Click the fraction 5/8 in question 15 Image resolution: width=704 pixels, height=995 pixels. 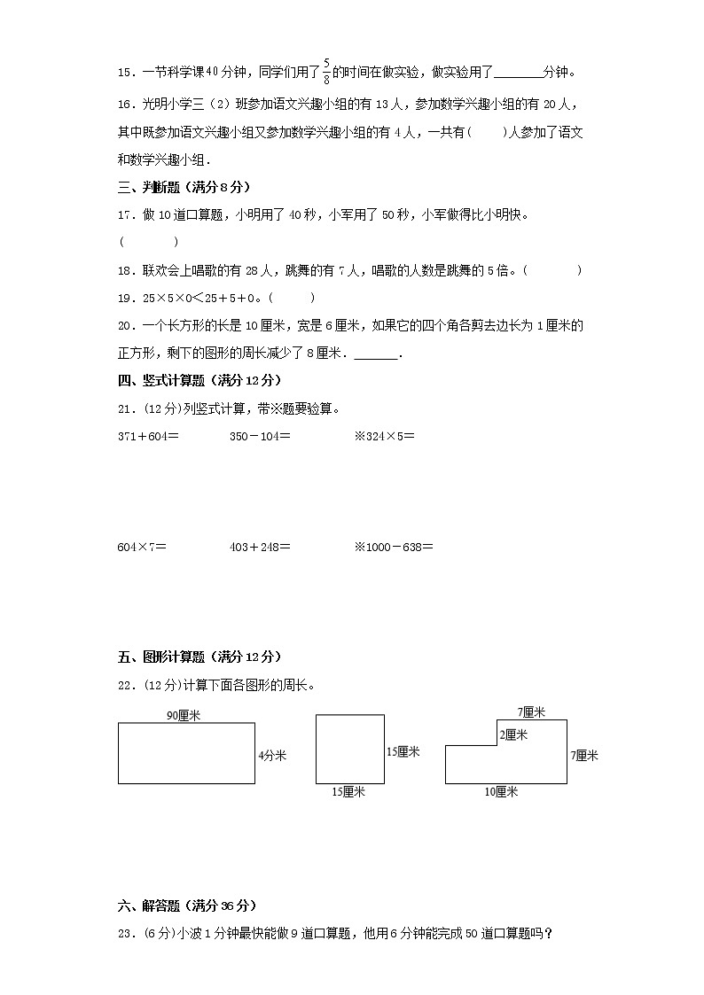click(x=327, y=70)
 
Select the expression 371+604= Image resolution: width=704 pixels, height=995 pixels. click(x=148, y=436)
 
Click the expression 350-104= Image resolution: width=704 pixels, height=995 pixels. click(x=260, y=436)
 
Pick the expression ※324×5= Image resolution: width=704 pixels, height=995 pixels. click(x=384, y=436)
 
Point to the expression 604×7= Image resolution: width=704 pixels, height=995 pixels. click(x=142, y=547)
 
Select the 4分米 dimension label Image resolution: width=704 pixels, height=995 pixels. click(x=272, y=756)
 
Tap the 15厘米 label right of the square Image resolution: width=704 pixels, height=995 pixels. click(x=403, y=751)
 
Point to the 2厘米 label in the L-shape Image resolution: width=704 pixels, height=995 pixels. click(x=513, y=735)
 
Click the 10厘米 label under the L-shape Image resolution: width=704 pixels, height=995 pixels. click(x=501, y=792)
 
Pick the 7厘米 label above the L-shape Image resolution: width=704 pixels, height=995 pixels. click(x=531, y=711)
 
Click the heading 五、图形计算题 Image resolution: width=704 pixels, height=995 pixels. click(x=199, y=657)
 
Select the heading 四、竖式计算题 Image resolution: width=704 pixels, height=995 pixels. click(x=199, y=380)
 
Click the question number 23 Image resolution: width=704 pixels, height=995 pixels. click(x=125, y=933)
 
